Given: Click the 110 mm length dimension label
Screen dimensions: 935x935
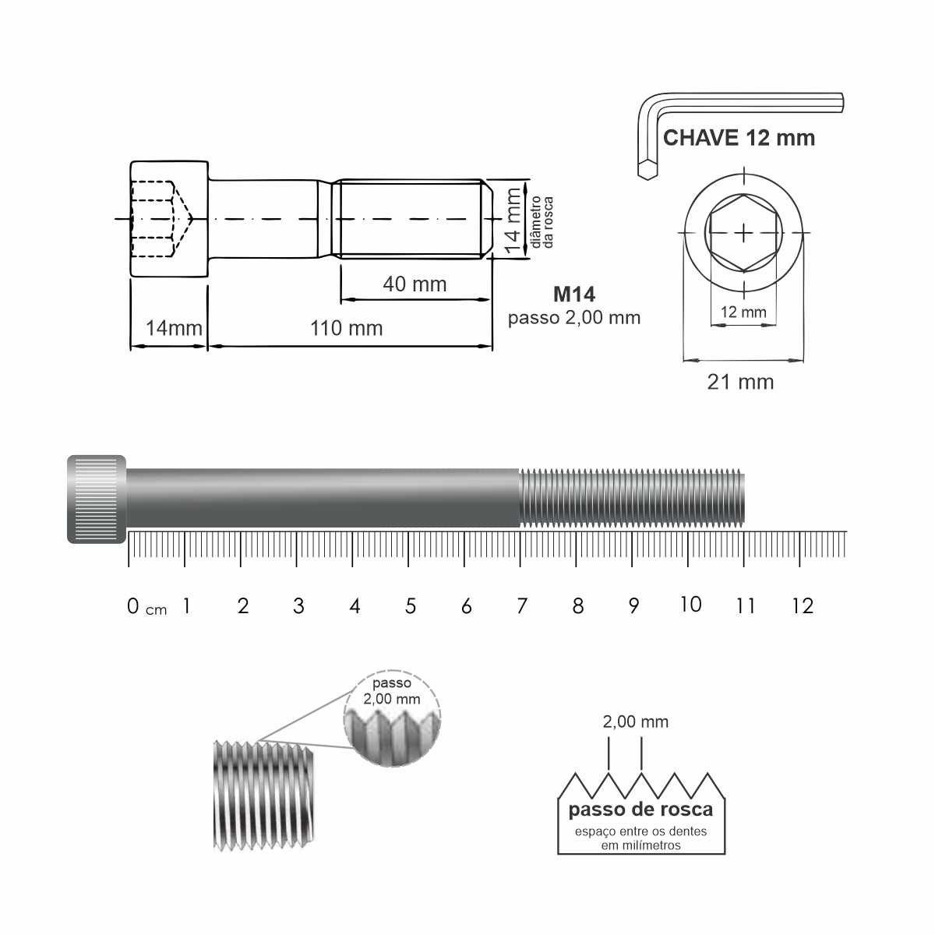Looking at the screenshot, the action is pos(347,329).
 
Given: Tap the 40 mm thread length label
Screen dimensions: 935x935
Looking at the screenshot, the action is pos(415,284).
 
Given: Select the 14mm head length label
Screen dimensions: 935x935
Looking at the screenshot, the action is pos(175,329).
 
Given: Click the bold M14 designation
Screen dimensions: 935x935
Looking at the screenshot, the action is pos(574,295).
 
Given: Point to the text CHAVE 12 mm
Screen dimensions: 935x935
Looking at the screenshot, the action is pos(739,138).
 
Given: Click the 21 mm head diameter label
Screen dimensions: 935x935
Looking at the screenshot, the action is pos(740,383).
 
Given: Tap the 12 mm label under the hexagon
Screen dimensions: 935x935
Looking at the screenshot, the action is pos(743,312).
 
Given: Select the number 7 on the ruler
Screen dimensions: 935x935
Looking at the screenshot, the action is pos(522,606).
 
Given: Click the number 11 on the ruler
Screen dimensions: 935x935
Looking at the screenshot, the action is pos(746,606).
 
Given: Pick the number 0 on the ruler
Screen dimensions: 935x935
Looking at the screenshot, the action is pos(133,606).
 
